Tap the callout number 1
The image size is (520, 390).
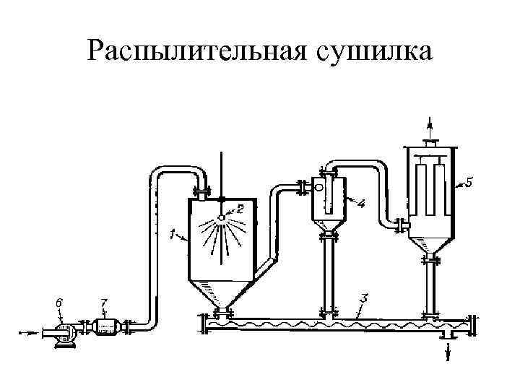point(171,233)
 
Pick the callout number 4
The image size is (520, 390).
point(361,204)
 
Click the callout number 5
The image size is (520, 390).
point(470,183)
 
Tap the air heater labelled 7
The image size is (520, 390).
point(105,328)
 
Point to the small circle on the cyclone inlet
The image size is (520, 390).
point(318,187)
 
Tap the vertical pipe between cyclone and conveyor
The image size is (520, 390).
point(330,274)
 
